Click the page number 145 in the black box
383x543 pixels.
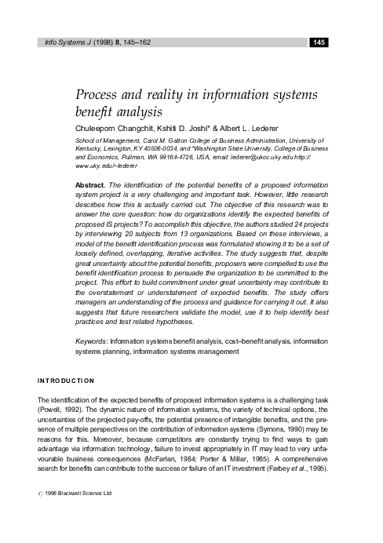(x=319, y=42)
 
